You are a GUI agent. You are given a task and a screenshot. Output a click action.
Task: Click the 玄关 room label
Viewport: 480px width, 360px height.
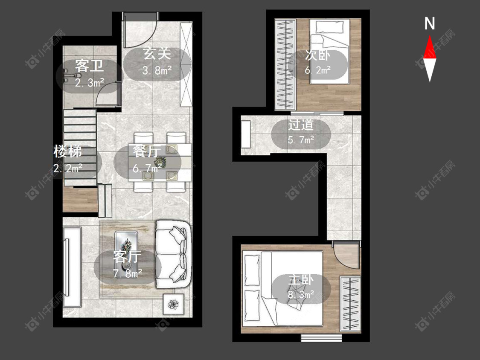tap(157, 54)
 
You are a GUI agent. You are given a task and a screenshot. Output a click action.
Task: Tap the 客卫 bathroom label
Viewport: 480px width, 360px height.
tap(89, 66)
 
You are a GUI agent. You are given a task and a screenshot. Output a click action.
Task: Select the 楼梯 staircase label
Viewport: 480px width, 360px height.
tap(68, 151)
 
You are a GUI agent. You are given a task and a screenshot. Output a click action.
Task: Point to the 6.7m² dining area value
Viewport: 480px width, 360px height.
tap(147, 168)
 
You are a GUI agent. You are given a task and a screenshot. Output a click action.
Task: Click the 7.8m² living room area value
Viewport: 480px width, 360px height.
tap(127, 273)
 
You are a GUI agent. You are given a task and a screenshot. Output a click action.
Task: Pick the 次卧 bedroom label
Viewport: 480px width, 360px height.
tap(317, 55)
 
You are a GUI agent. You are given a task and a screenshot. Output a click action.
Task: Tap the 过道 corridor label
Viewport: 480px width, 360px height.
tap(301, 125)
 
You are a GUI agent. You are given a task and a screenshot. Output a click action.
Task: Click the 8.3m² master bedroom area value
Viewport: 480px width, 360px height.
tap(301, 294)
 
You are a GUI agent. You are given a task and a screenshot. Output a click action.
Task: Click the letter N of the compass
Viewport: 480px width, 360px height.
tap(430, 23)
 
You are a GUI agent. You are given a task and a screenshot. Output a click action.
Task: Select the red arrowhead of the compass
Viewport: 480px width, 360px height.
tap(430, 47)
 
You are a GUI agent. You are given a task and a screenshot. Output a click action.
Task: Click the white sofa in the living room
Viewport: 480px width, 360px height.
tap(173, 254)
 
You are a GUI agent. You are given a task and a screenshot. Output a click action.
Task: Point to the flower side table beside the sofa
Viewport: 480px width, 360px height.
tap(174, 304)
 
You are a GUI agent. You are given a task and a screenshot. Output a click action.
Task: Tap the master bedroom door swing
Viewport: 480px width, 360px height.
tap(346, 255)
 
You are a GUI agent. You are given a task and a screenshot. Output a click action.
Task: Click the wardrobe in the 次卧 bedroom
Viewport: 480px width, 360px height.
tap(285, 64)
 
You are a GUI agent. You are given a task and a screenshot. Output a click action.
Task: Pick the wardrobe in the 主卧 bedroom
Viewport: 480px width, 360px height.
tap(350, 304)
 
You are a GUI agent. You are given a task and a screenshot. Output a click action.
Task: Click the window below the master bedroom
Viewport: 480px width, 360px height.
tap(321, 338)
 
